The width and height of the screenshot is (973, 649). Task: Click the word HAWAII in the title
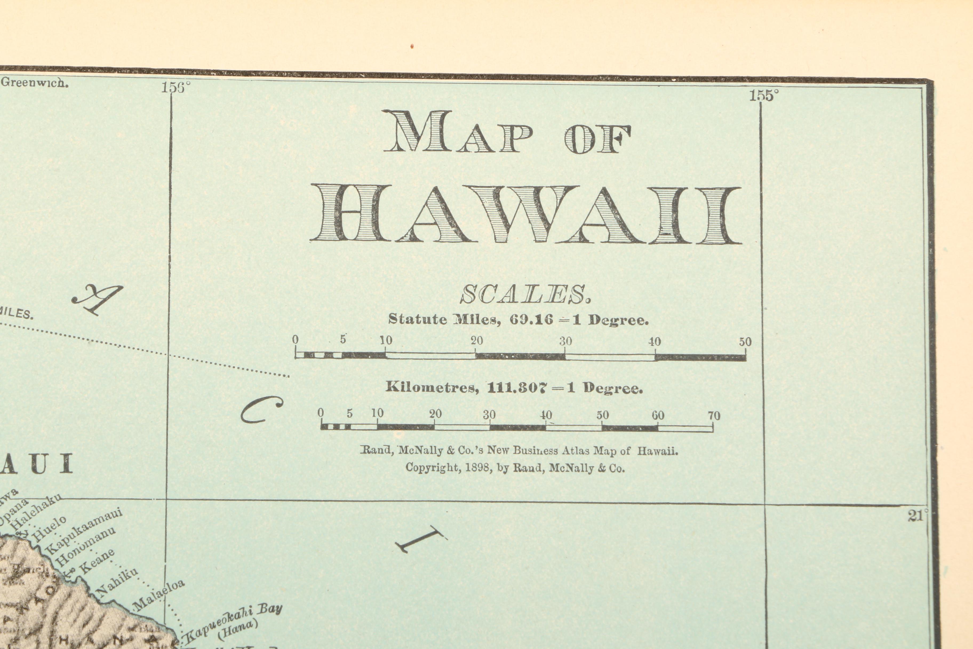point(525,214)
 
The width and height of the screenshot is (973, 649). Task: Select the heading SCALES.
point(525,295)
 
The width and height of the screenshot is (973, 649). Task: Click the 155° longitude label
point(764,96)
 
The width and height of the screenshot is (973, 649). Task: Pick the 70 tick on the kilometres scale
point(714,415)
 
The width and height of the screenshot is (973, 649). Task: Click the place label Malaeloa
point(159,595)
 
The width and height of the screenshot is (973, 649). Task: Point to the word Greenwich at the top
point(35,82)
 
